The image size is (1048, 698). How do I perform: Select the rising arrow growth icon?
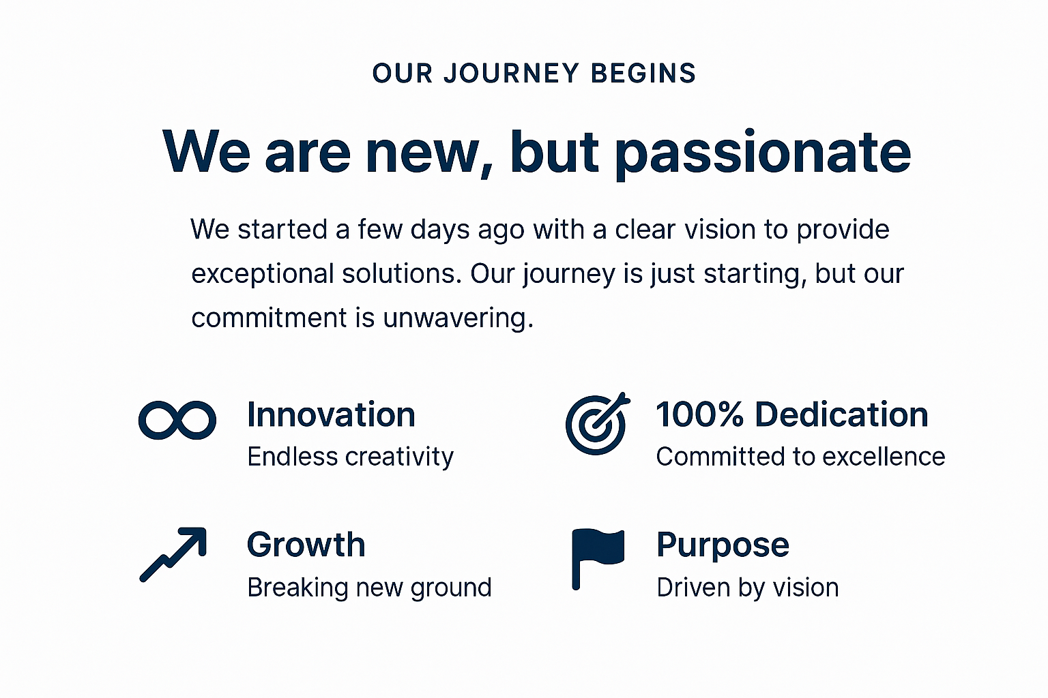coord(173,554)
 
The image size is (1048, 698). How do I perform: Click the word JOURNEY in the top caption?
coord(512,74)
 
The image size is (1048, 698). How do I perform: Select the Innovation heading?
coord(331,414)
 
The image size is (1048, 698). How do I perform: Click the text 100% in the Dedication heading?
coord(699,414)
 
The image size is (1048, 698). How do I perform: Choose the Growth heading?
coord(306,545)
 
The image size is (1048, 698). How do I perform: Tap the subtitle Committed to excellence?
coord(800,457)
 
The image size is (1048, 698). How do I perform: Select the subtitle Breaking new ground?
coord(370,588)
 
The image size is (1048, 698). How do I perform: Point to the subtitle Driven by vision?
coord(748,588)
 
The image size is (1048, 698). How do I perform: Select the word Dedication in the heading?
coord(842,414)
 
